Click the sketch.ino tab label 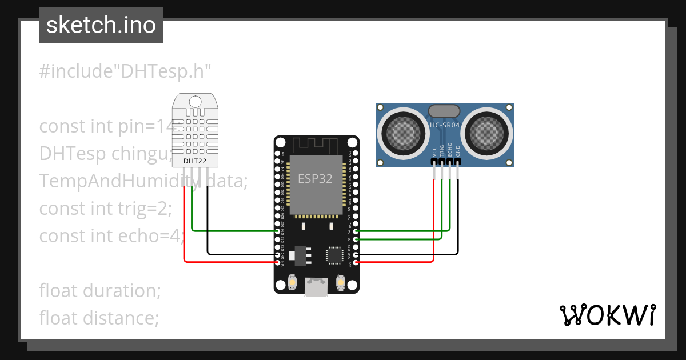tap(101, 25)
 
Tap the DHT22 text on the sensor tap(195, 161)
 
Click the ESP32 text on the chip tap(315, 178)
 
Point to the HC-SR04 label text tap(445, 125)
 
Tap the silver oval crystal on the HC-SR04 tap(444, 111)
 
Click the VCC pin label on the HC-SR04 tap(434, 151)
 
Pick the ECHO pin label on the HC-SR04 tap(450, 150)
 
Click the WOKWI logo tap(607, 315)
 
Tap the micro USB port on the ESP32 tap(316, 287)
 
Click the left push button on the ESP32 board tap(292, 283)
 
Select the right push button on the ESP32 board tap(341, 283)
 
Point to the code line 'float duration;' tap(100, 290)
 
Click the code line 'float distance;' tap(99, 317)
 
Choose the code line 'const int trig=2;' tap(105, 209)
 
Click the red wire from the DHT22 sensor tap(184, 229)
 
